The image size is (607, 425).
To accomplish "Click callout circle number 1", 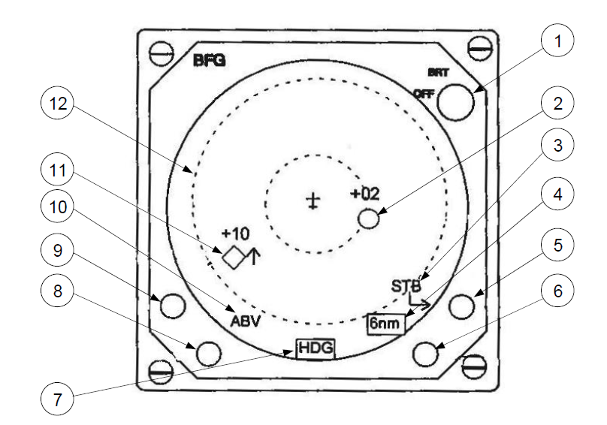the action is coord(557,41).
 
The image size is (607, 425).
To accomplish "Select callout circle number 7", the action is coord(57,399).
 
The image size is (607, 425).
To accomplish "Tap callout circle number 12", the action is coord(57,104).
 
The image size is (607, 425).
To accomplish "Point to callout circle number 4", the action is coord(557,194).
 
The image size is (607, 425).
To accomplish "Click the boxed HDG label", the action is coord(316,348).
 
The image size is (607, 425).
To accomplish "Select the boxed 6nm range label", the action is coord(385,323).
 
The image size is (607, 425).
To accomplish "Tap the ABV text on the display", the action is coord(246,321).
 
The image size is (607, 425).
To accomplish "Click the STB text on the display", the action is coord(406,286).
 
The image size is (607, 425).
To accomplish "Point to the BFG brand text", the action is coord(209,60).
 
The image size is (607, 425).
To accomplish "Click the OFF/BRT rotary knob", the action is coord(456,103).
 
